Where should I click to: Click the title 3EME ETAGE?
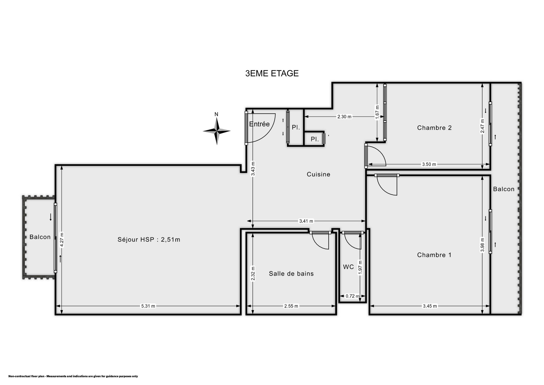[x=272, y=73]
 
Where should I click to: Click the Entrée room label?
[x=260, y=124]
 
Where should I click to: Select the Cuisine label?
[x=318, y=174]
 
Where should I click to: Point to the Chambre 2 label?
[x=434, y=128]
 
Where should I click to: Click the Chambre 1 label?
[x=434, y=255]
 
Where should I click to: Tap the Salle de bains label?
[x=291, y=274]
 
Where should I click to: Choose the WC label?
[x=348, y=267]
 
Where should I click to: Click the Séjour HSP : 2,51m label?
[x=149, y=240]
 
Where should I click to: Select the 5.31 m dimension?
[x=148, y=306]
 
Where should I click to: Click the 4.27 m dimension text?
[x=62, y=240]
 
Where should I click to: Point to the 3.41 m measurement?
[x=306, y=221]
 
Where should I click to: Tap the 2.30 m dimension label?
[x=344, y=117]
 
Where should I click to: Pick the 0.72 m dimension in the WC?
[x=352, y=296]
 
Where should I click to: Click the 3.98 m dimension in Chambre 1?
[x=482, y=245]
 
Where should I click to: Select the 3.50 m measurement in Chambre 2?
[x=429, y=164]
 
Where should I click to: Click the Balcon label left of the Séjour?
[x=40, y=237]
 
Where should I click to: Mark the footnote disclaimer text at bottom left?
[x=73, y=376]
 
